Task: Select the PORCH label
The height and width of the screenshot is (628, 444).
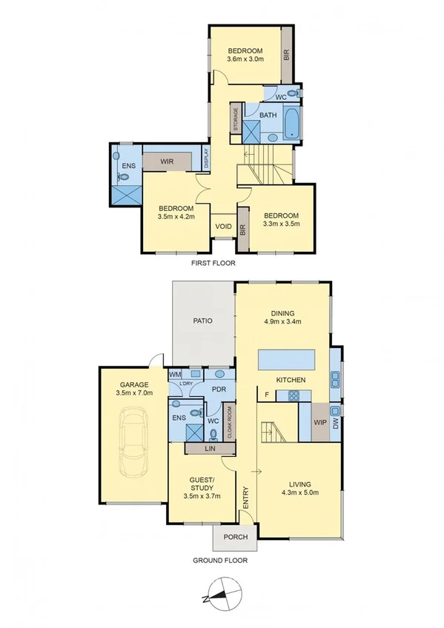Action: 233,536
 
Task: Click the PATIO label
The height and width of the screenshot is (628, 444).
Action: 204,321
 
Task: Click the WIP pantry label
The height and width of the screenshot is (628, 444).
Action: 320,422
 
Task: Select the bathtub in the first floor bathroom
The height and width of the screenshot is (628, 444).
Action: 291,125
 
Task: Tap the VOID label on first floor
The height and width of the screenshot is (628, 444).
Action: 223,227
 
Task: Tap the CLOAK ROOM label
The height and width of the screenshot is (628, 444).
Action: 229,423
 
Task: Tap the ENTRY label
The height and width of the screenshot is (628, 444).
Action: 245,497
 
